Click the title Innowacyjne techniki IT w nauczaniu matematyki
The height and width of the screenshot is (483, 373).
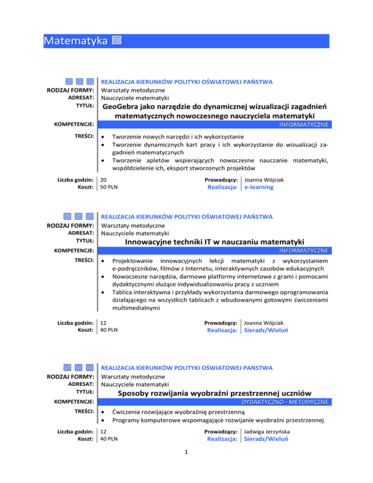214,241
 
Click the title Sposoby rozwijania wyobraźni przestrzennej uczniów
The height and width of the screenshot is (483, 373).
214,393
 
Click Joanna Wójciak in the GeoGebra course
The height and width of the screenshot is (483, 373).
264,179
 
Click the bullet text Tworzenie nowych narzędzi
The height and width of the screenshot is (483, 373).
178,137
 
